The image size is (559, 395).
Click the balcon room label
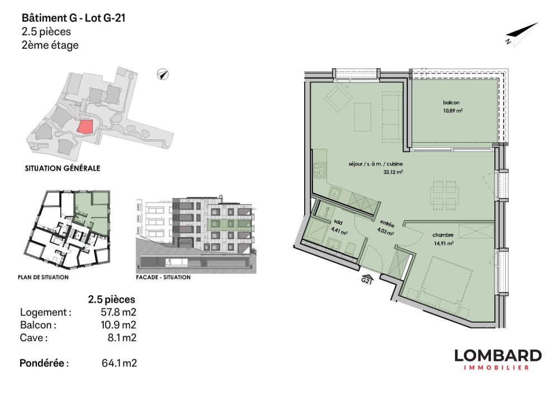pyautogui.click(x=451, y=103)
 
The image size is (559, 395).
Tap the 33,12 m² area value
pyautogui.click(x=394, y=172)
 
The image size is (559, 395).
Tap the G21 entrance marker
pyautogui.click(x=367, y=280)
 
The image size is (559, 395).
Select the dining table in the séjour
pyautogui.click(x=445, y=194)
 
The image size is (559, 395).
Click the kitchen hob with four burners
pyautogui.click(x=321, y=170)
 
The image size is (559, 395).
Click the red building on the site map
pyautogui.click(x=84, y=126)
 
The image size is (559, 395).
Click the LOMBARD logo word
pyautogui.click(x=498, y=355)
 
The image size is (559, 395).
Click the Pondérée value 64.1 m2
pyautogui.click(x=119, y=364)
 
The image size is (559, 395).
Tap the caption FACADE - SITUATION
pyautogui.click(x=163, y=277)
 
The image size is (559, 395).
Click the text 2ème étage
pyautogui.click(x=49, y=45)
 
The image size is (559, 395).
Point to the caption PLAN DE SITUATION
pyautogui.click(x=45, y=277)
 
